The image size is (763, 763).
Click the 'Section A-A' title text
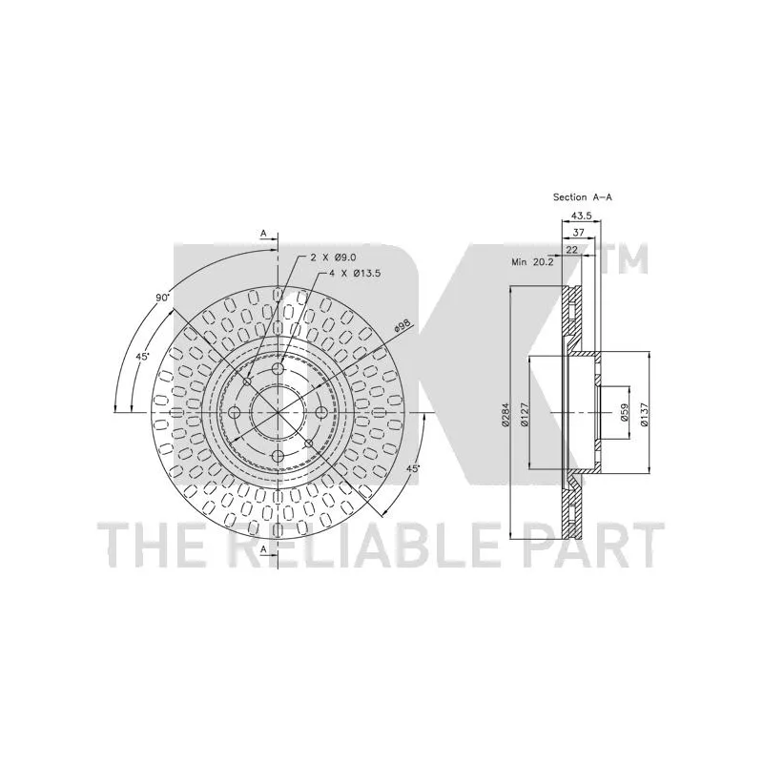pyautogui.click(x=583, y=197)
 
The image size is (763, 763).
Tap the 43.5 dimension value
pyautogui.click(x=581, y=216)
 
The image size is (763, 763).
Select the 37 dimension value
pyautogui.click(x=579, y=233)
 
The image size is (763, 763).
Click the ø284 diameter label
pyautogui.click(x=505, y=415)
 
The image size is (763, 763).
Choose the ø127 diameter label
pyautogui.click(x=524, y=415)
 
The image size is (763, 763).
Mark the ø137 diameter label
pyautogui.click(x=645, y=415)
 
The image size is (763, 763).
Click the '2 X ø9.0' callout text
pyautogui.click(x=335, y=257)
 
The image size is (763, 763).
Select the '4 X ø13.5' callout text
pyautogui.click(x=355, y=274)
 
